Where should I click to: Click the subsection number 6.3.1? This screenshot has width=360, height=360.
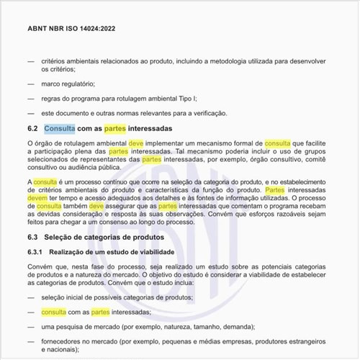(35, 251)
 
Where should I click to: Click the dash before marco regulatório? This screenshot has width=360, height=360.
(30, 84)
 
